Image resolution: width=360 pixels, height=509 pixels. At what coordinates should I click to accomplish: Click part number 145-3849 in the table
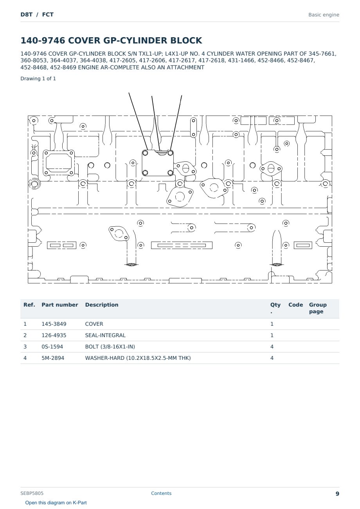pyautogui.click(x=54, y=324)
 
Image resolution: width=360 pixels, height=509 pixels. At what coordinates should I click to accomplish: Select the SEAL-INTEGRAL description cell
pyautogui.click(x=105, y=335)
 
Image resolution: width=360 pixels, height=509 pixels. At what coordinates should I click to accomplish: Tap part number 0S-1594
pyautogui.click(x=52, y=347)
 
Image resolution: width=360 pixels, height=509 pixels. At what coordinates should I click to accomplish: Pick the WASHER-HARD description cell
pyautogui.click(x=138, y=358)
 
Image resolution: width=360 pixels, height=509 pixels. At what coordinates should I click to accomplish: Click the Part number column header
pyautogui.click(x=60, y=305)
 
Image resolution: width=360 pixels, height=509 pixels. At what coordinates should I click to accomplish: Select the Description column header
pyautogui.click(x=102, y=305)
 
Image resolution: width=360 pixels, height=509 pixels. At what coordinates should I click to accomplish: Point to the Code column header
pyautogui.click(x=295, y=305)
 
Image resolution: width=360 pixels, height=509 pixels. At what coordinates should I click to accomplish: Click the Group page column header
pyautogui.click(x=318, y=308)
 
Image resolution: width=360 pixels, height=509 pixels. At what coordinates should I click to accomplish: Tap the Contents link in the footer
pyautogui.click(x=161, y=493)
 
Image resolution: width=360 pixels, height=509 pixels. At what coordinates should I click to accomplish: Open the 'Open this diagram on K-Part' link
pyautogui.click(x=56, y=503)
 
